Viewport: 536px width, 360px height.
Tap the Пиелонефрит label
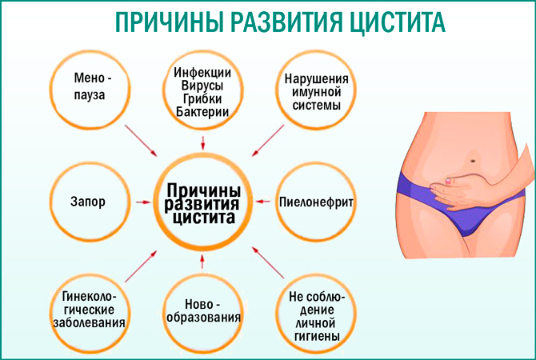click(x=315, y=202)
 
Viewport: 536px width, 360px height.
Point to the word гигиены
click(x=314, y=336)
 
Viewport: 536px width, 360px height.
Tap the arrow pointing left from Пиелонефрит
click(x=262, y=202)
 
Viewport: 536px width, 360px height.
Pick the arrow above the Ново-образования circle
click(x=204, y=262)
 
